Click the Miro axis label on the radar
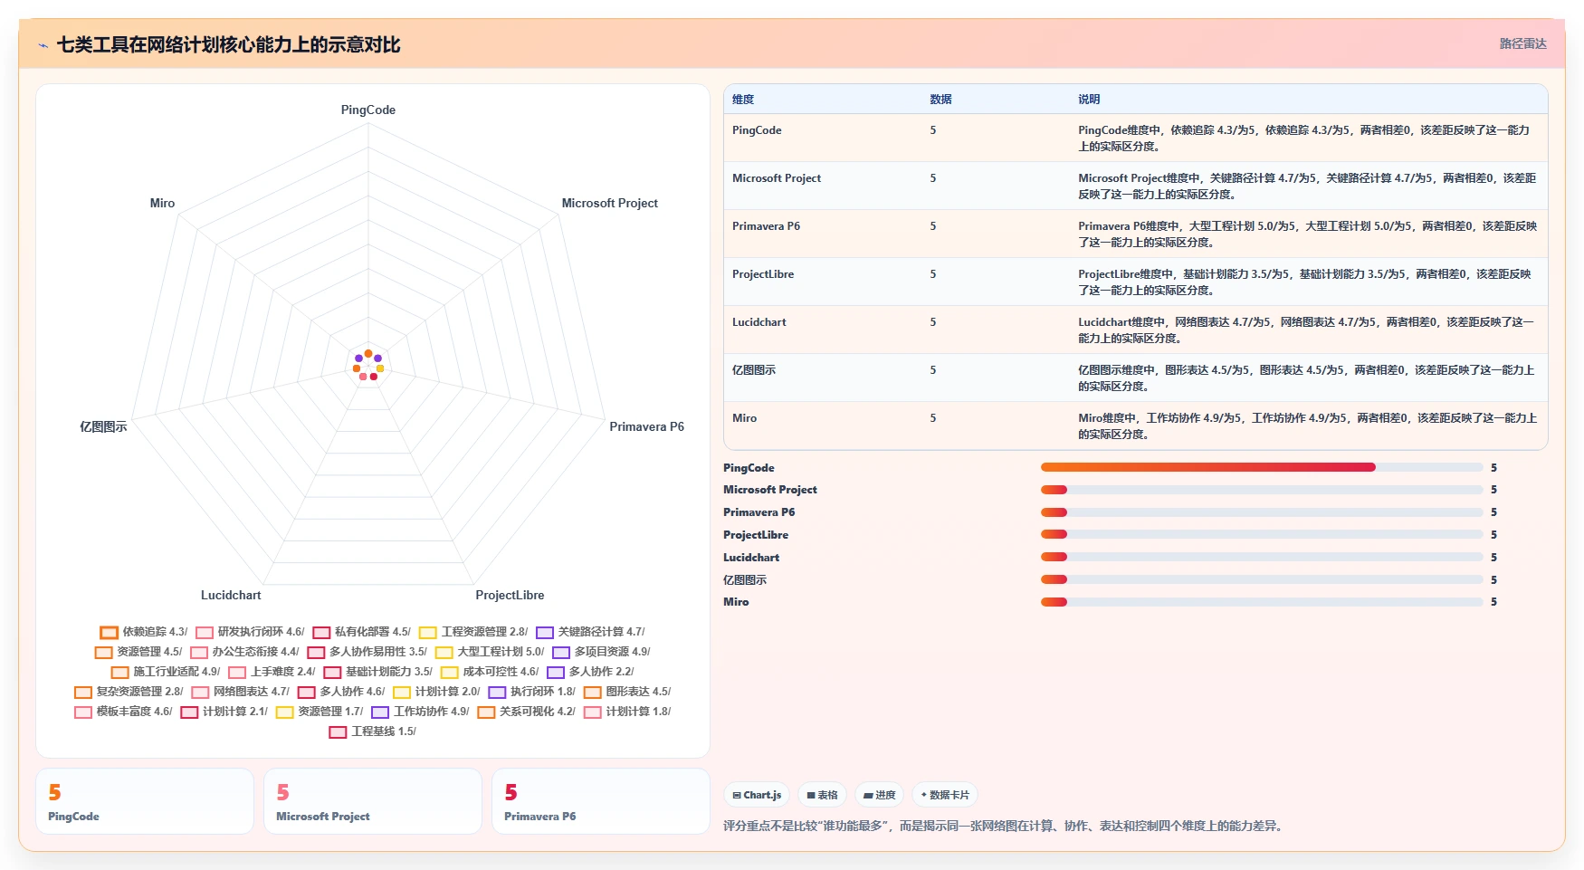pos(162,204)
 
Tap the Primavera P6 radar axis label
pos(646,427)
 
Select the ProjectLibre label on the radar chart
pos(510,596)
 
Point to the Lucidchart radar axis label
pos(231,596)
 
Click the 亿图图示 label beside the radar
pos(103,427)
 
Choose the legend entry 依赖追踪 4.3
pos(144,632)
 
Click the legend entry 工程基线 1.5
pos(373,731)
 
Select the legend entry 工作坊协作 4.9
pos(420,712)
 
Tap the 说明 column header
pos(1089,100)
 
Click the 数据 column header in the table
pos(940,100)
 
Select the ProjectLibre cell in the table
pos(763,274)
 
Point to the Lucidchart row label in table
pos(759,322)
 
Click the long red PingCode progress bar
pos(1208,467)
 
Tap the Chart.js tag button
pos(757,795)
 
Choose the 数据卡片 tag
pos(945,795)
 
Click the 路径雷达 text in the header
pos(1523,43)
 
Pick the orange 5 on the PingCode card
pos(54,793)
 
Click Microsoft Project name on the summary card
pos(323,817)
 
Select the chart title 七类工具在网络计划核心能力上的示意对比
pos(228,44)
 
